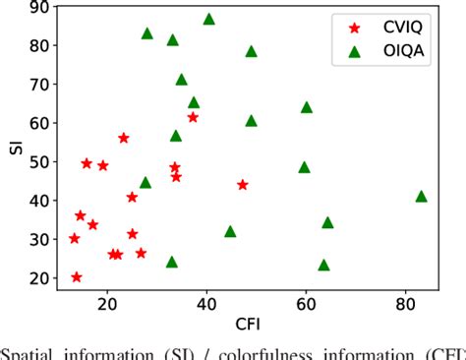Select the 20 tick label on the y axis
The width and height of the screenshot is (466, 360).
pyautogui.click(x=39, y=278)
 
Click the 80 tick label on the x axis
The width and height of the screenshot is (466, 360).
pyautogui.click(x=406, y=302)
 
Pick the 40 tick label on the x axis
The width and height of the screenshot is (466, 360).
pyautogui.click(x=206, y=302)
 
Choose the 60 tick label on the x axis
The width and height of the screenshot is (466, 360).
pyautogui.click(x=306, y=302)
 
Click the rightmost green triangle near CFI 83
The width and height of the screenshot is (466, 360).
pyautogui.click(x=422, y=197)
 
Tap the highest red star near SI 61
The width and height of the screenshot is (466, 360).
pyautogui.click(x=193, y=117)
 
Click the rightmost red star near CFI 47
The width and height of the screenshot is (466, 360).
pyautogui.click(x=243, y=185)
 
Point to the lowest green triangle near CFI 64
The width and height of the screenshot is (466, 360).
pyautogui.click(x=324, y=266)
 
